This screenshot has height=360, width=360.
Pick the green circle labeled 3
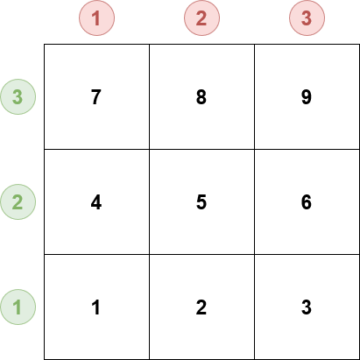click(x=18, y=97)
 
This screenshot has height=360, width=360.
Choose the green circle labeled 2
click(x=18, y=202)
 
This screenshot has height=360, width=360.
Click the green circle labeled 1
click(x=18, y=307)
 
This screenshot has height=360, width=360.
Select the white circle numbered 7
click(x=96, y=97)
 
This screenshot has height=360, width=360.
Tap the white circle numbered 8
click(x=201, y=97)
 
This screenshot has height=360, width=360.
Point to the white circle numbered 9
click(x=307, y=97)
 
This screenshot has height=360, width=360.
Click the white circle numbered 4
click(x=96, y=202)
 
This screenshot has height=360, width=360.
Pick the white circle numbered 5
click(x=201, y=202)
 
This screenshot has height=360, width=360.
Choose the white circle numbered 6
click(x=307, y=202)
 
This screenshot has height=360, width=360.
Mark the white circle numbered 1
click(x=96, y=307)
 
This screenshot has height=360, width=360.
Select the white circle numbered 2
click(x=201, y=307)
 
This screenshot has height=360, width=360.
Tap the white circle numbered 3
click(x=307, y=307)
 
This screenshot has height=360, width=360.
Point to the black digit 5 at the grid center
click(x=201, y=202)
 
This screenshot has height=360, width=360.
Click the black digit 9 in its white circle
click(x=307, y=97)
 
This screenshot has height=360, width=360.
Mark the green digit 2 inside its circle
click(x=18, y=202)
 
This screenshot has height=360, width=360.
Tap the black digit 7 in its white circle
click(x=96, y=97)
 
